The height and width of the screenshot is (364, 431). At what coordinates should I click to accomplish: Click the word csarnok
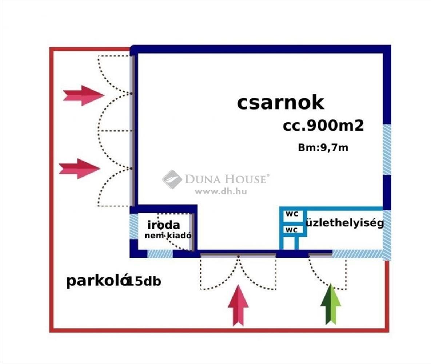[280, 103]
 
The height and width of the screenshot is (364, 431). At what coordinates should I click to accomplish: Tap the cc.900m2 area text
[323, 126]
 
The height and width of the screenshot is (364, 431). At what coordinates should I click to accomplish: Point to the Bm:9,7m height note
[323, 148]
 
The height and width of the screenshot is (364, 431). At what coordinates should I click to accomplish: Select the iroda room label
[163, 225]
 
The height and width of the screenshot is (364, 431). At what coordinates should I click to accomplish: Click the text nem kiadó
[168, 236]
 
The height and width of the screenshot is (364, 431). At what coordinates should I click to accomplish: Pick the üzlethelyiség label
[345, 223]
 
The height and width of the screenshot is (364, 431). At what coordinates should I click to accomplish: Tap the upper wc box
[292, 214]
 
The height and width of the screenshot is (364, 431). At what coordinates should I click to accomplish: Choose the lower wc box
[292, 230]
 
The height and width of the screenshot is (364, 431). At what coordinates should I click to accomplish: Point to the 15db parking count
[144, 282]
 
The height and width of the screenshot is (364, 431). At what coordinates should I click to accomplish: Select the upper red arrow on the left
[84, 95]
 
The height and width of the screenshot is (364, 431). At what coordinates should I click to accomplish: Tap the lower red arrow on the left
[80, 169]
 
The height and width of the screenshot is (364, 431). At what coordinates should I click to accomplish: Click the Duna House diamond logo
[172, 179]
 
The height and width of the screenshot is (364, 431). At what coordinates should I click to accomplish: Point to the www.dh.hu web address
[220, 191]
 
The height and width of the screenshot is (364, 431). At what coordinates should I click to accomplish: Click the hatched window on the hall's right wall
[387, 150]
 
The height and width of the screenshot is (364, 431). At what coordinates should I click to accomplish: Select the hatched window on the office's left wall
[134, 226]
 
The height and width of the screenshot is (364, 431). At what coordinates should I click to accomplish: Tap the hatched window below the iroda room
[160, 254]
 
